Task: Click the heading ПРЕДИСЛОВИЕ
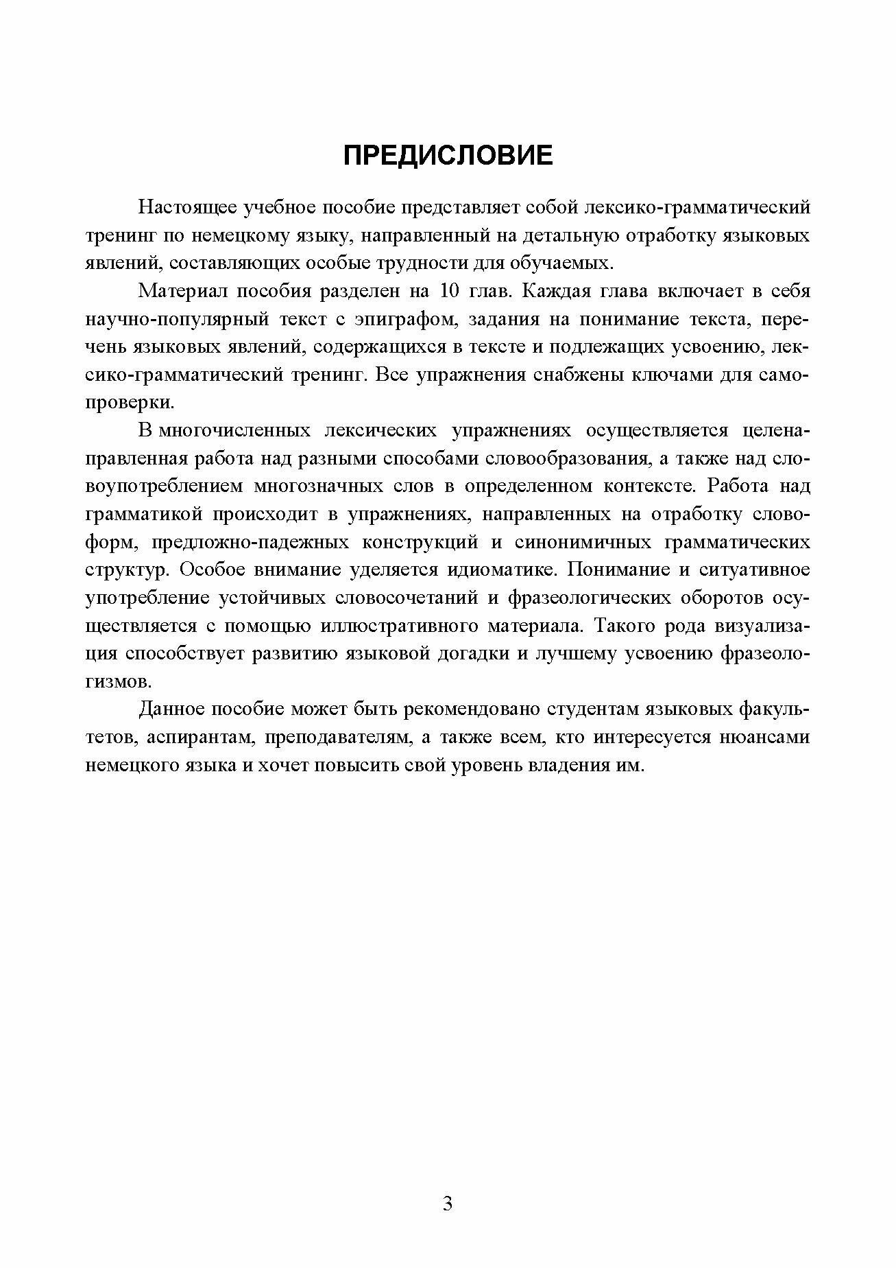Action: coord(448,156)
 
